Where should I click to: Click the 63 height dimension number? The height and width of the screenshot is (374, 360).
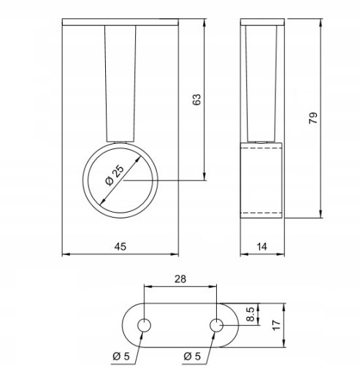click(x=197, y=99)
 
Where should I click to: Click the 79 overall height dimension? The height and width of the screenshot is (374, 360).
click(x=313, y=118)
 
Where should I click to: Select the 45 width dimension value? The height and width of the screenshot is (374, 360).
click(x=120, y=247)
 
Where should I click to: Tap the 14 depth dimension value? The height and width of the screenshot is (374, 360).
click(x=262, y=247)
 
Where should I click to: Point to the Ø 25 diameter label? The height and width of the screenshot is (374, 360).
click(x=115, y=175)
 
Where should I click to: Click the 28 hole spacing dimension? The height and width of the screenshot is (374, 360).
click(x=180, y=279)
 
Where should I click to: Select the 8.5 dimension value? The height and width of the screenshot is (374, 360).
click(x=250, y=314)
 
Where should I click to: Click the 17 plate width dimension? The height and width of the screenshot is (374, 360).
click(x=277, y=325)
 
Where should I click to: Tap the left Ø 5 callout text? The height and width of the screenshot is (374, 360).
click(x=121, y=356)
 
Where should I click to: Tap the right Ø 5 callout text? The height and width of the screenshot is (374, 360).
click(x=192, y=356)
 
